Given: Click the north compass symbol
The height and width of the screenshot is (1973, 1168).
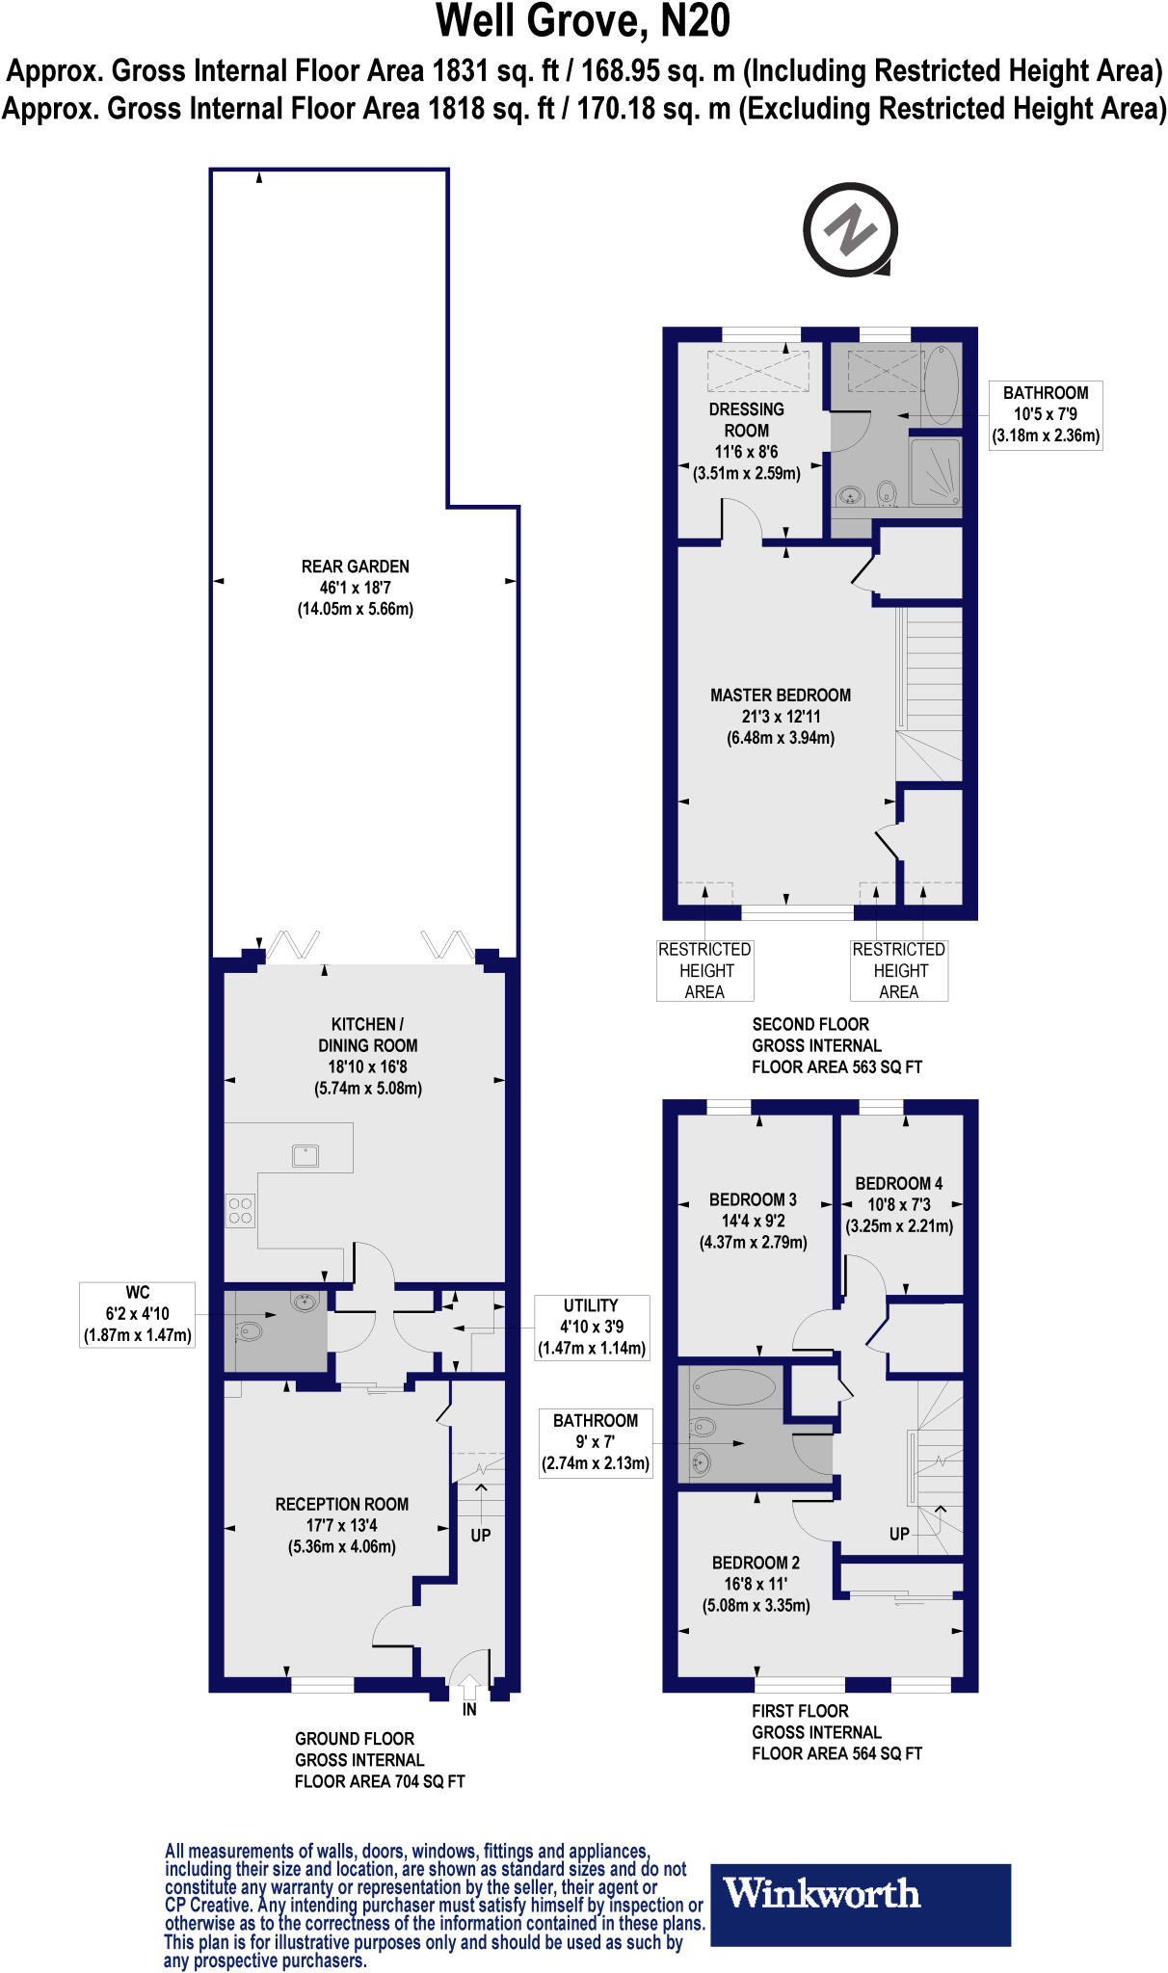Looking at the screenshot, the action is (x=850, y=230).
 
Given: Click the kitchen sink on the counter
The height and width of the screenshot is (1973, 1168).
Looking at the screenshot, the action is (x=305, y=1154).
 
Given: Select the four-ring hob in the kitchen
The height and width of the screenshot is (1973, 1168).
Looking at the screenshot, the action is (x=241, y=1211).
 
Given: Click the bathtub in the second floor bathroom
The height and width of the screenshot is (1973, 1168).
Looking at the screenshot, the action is (x=942, y=385).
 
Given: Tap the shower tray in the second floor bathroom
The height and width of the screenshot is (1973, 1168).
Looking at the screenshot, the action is (x=935, y=471).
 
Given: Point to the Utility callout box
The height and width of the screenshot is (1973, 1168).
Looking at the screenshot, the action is (x=592, y=1328).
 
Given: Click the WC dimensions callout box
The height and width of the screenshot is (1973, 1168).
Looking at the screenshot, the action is (x=138, y=1314).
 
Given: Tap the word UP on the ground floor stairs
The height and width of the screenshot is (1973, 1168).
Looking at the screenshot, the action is (x=481, y=1535).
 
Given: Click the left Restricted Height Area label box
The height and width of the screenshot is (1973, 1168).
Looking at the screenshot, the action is (x=704, y=971).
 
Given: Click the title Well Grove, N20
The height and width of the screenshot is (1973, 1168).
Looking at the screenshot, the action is (x=584, y=22).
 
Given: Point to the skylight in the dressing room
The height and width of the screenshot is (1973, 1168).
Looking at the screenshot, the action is (x=758, y=370).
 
